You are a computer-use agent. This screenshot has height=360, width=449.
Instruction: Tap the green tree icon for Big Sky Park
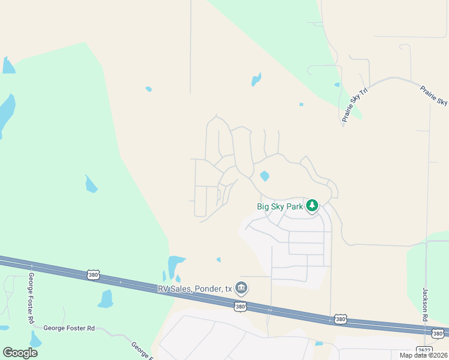pos(312,206)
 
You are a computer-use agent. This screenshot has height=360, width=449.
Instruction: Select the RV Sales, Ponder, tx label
pos(194,289)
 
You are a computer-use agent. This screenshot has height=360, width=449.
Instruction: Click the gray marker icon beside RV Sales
pos(241,288)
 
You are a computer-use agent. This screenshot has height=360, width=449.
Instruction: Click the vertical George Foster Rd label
pos(31,298)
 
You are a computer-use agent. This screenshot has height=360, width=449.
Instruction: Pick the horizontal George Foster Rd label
pos(69,328)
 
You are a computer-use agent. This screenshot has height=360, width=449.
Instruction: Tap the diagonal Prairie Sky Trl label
pos(354,104)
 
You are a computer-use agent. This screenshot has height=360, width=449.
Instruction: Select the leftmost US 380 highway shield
pos(93,275)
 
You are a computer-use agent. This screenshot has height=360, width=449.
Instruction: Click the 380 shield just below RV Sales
pos(240,307)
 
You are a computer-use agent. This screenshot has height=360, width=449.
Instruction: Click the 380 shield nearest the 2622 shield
pos(438,333)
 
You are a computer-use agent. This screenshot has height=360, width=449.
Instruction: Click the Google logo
pos(20,353)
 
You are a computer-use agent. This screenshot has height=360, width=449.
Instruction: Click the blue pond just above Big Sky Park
pos(264,176)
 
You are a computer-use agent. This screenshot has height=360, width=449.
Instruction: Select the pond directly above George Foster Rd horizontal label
pos(106,299)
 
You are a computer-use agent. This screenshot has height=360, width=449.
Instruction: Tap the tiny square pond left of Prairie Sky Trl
pos(301,104)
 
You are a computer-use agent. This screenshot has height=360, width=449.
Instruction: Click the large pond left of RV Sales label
pos(175,264)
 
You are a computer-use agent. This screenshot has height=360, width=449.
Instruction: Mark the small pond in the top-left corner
pos(8,65)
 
